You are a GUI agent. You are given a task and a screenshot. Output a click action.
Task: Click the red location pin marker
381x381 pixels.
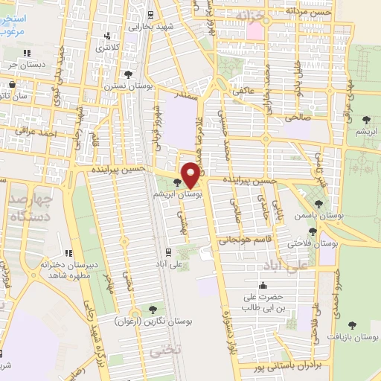point(190,174)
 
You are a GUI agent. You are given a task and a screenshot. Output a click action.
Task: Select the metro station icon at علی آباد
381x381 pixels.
point(168,252)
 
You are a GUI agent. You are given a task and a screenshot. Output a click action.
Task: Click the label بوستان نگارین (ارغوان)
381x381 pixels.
point(154,321)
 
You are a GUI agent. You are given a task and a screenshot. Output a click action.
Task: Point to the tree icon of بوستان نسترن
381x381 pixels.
point(129,74)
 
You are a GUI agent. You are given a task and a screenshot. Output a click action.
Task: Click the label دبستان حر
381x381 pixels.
point(27,65)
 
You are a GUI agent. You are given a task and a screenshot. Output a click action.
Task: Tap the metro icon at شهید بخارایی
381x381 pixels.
point(150,13)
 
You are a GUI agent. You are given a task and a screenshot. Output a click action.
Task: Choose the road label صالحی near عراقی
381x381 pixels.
point(295,117)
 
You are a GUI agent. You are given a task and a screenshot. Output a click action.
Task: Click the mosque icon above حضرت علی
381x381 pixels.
point(262,285)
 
